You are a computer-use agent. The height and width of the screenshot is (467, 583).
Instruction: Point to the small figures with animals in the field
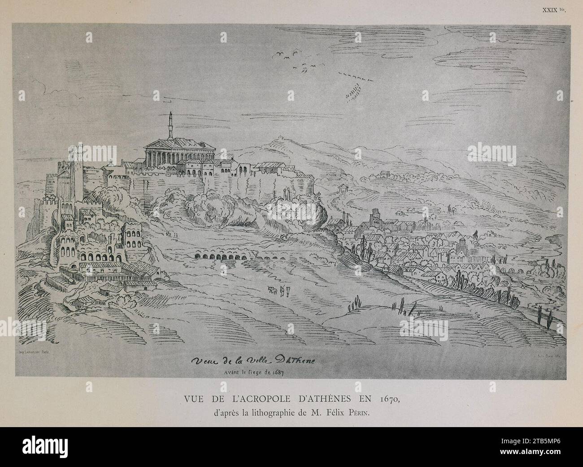point(277,291)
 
